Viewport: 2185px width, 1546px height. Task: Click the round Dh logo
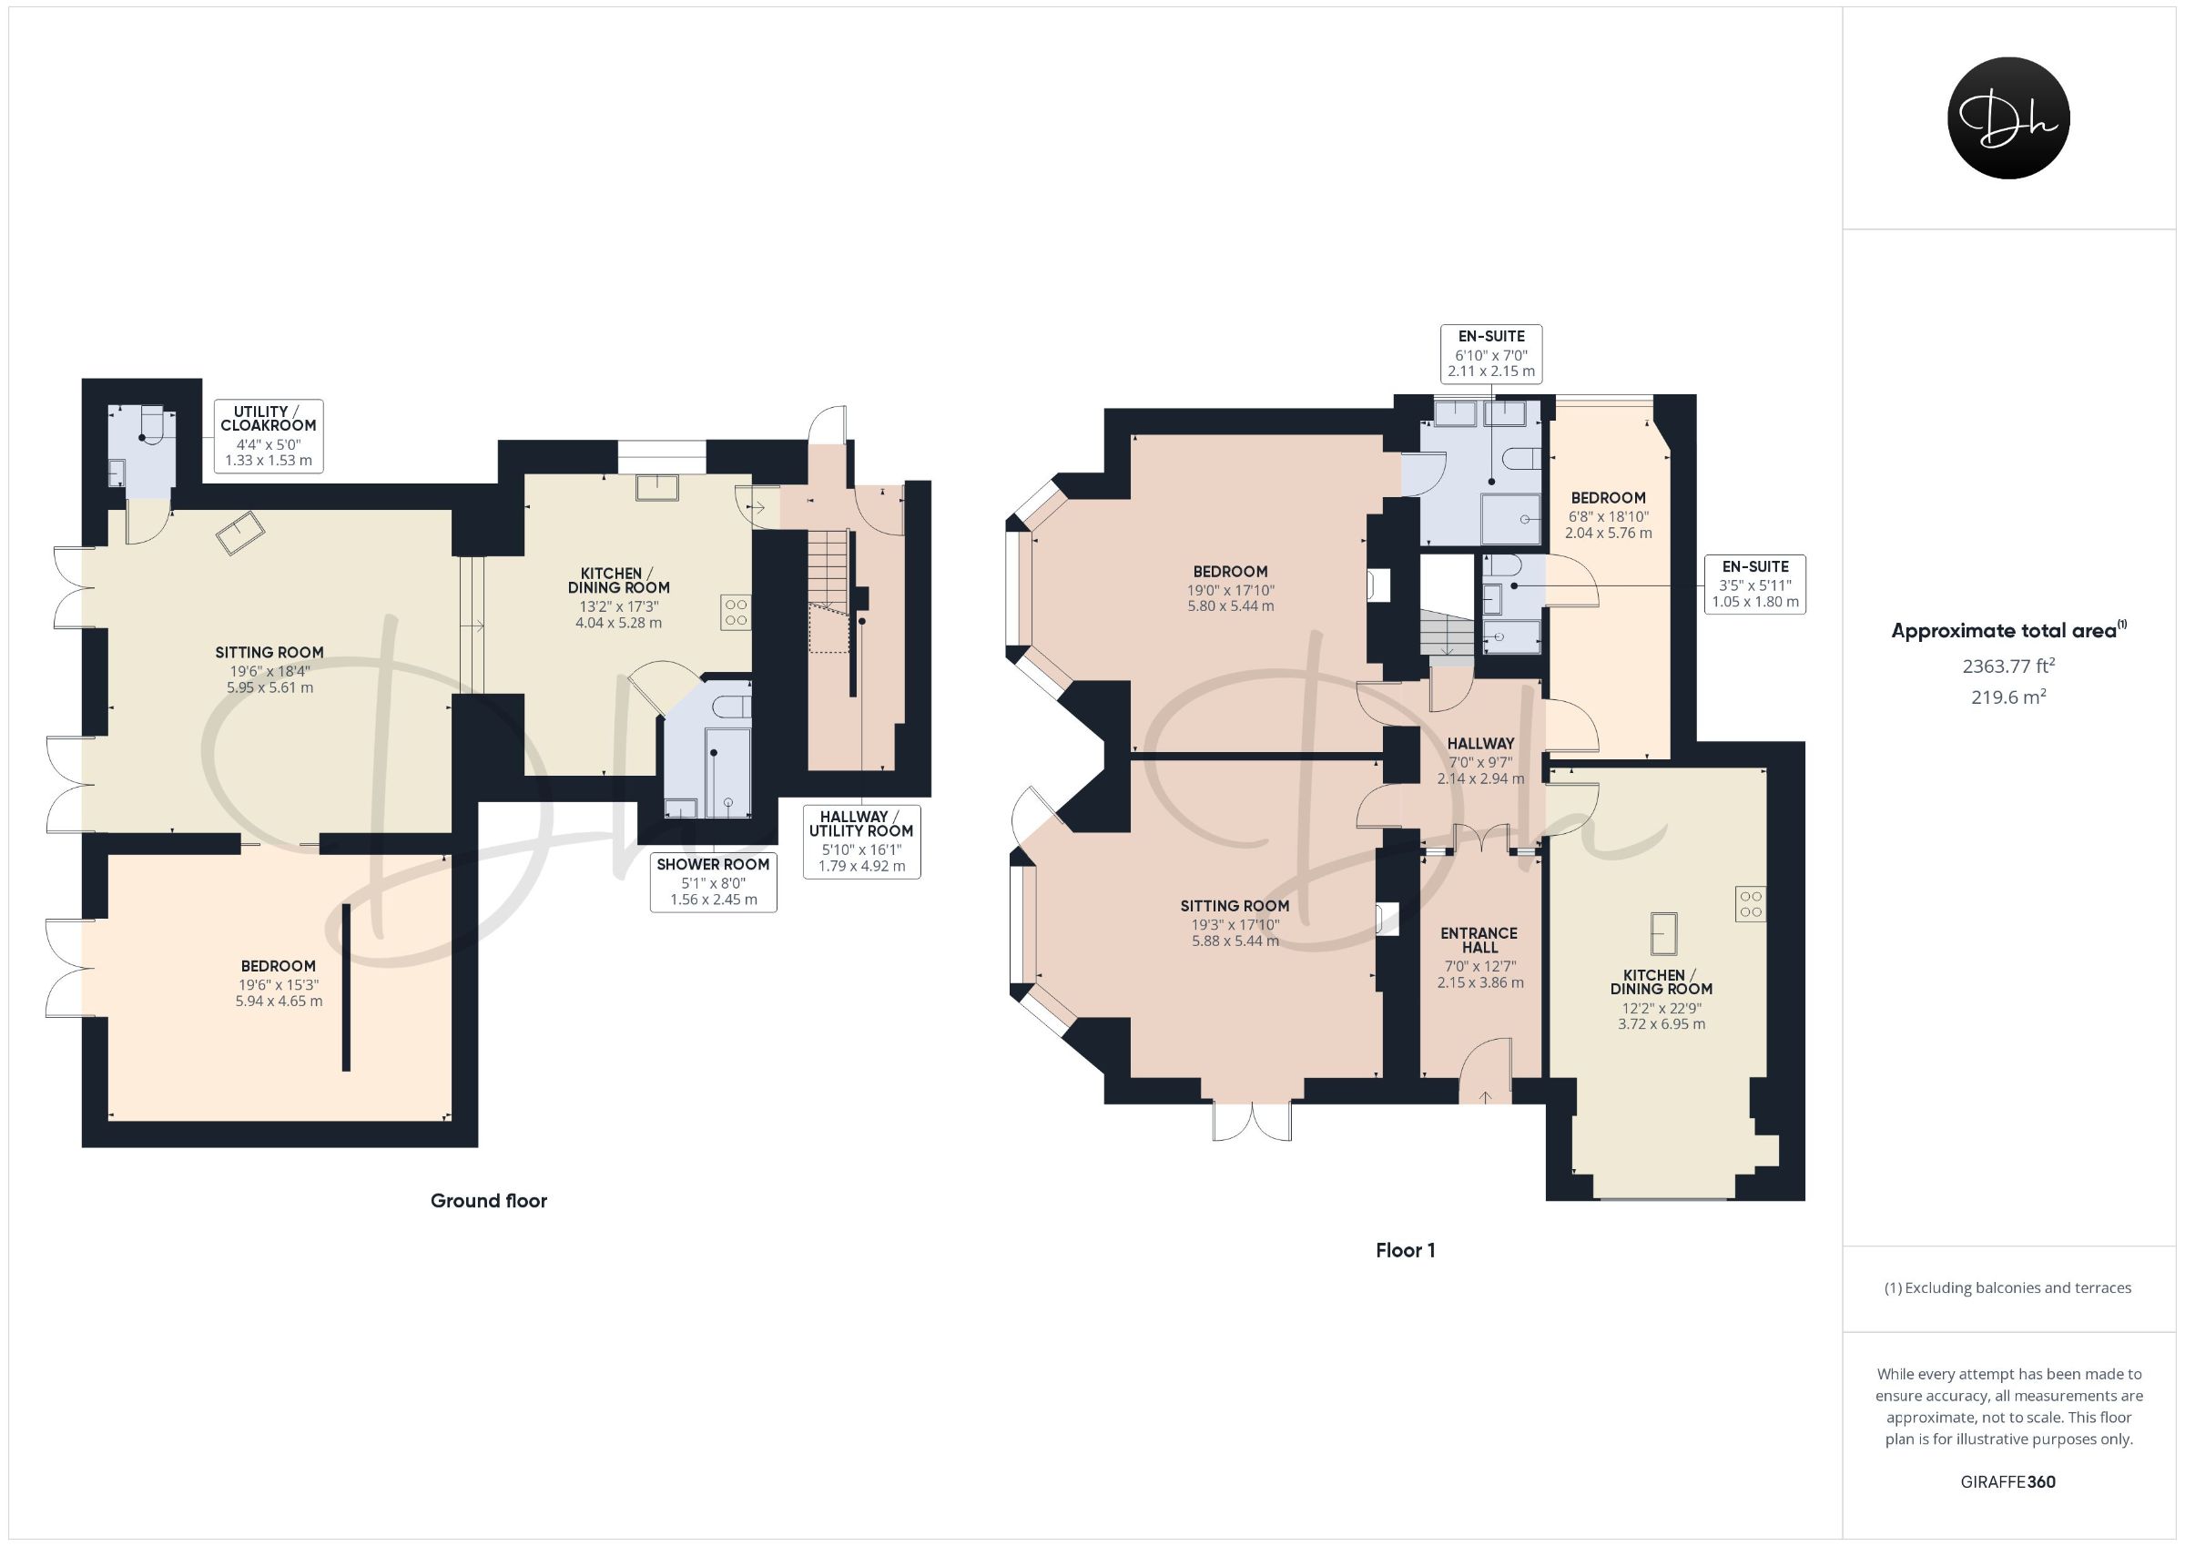[x=2008, y=118]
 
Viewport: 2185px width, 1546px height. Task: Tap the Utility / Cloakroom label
[x=269, y=436]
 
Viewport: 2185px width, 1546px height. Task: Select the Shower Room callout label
[x=713, y=881]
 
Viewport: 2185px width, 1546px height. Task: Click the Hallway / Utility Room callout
[x=861, y=841]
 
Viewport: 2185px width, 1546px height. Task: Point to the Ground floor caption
[x=488, y=1200]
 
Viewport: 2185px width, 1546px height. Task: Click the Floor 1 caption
[x=1405, y=1250]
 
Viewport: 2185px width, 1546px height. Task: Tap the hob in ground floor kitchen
[x=736, y=612]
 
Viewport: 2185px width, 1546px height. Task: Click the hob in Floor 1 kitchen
[x=1750, y=903]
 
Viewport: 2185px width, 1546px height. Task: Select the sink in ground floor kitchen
[x=657, y=487]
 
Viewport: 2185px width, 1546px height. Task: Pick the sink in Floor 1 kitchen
[x=1662, y=933]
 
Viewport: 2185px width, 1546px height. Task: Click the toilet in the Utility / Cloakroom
[x=152, y=423]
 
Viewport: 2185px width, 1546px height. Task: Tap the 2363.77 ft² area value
[x=2008, y=666]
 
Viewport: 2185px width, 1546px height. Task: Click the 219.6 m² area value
[x=2008, y=697]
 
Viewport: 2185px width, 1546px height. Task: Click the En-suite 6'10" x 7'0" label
[x=1490, y=353]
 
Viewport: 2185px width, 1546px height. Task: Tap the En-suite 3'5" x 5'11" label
[x=1755, y=585]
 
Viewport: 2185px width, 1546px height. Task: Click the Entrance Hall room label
[x=1479, y=941]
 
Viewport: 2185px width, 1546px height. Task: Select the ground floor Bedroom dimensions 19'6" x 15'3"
[x=278, y=985]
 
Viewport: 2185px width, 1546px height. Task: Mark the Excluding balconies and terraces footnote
[x=2008, y=1288]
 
